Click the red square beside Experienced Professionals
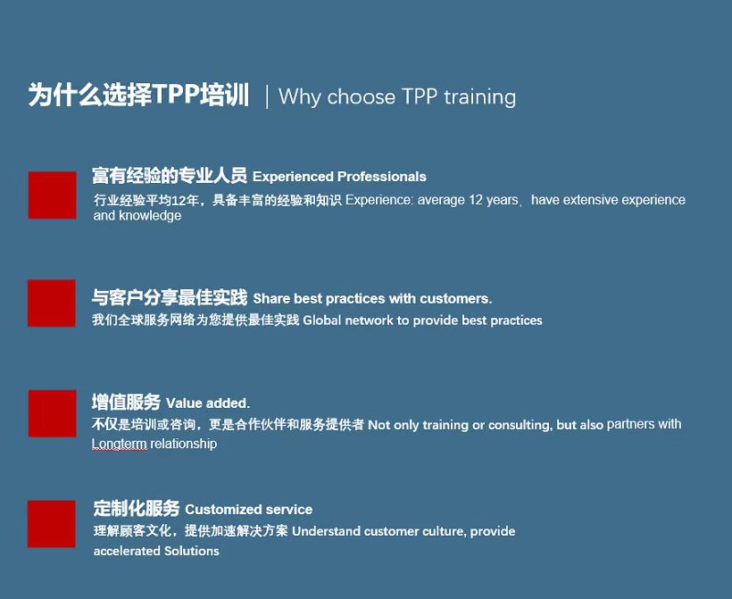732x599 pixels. click(53, 196)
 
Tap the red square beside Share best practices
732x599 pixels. click(52, 304)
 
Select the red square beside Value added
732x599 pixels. click(53, 413)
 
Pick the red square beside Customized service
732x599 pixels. click(52, 524)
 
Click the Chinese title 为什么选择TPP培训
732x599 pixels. click(138, 95)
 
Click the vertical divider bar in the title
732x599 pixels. click(267, 96)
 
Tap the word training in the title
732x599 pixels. click(480, 97)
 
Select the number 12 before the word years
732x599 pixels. click(476, 200)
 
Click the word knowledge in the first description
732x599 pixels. click(150, 216)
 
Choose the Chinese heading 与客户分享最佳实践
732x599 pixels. click(170, 297)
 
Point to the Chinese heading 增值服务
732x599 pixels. click(126, 402)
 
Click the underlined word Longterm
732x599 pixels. click(120, 444)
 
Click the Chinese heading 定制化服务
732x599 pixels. click(137, 508)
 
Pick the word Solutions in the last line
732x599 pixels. click(192, 551)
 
